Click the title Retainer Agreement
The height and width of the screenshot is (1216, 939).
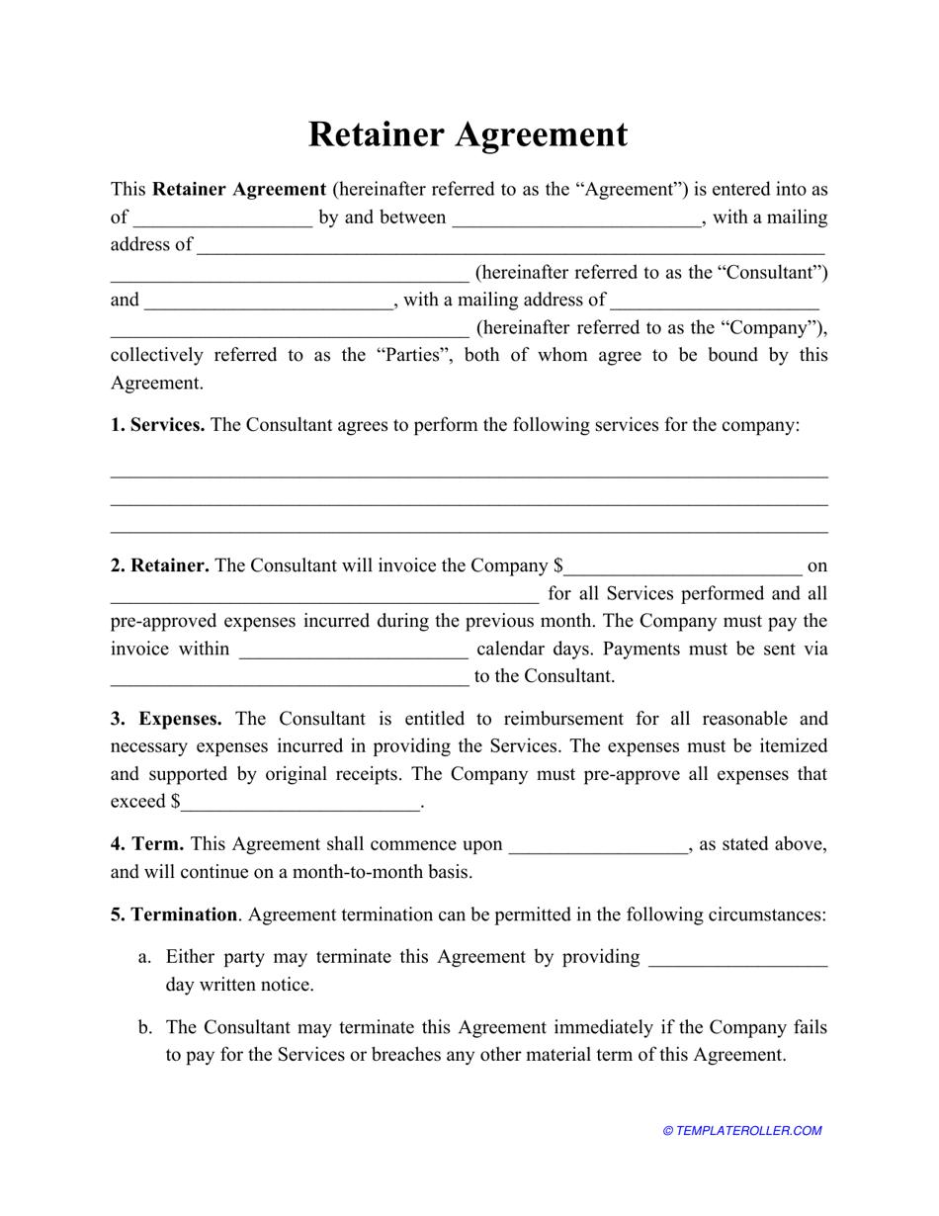point(468,134)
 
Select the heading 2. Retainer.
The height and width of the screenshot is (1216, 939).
point(159,565)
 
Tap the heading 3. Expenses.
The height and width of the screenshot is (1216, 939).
point(166,719)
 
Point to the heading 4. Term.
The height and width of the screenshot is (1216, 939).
point(147,844)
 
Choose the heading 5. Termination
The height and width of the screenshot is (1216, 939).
point(174,914)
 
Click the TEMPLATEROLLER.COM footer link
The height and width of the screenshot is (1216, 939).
point(742,1131)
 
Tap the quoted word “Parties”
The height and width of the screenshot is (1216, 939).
point(413,355)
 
